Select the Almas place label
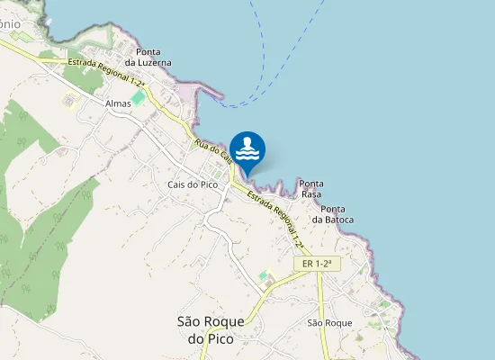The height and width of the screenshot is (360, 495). pyautogui.click(x=118, y=103)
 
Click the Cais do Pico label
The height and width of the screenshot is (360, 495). pyautogui.click(x=193, y=184)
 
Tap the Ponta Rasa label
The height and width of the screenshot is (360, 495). pyautogui.click(x=311, y=189)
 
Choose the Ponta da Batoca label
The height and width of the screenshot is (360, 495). pyautogui.click(x=332, y=214)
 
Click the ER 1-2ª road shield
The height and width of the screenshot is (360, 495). pyautogui.click(x=318, y=264)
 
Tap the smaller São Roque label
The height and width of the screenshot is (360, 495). pyautogui.click(x=328, y=322)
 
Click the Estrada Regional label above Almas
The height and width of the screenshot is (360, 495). pyautogui.click(x=106, y=70)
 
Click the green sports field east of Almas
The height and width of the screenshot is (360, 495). pyautogui.click(x=138, y=96)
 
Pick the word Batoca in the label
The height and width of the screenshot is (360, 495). pyautogui.click(x=337, y=220)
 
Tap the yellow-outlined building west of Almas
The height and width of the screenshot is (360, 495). pyautogui.click(x=68, y=101)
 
